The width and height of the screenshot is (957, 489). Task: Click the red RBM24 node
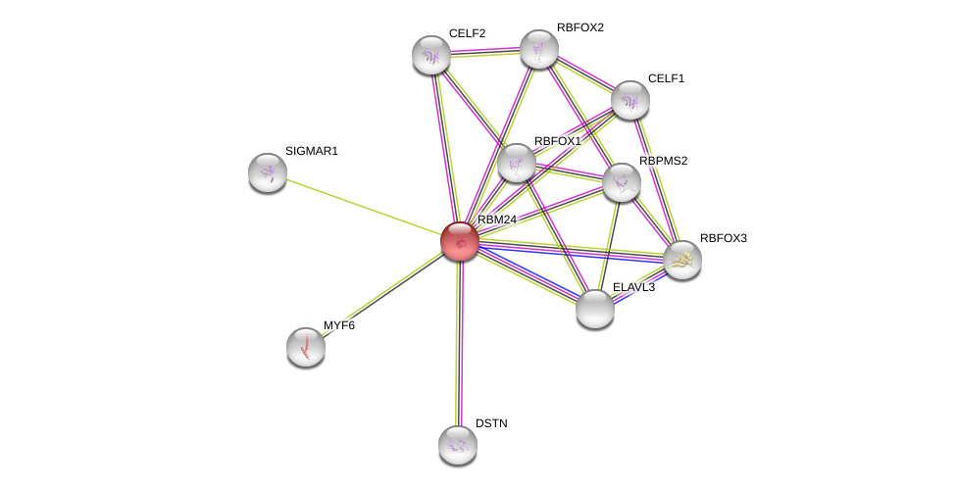pyautogui.click(x=459, y=241)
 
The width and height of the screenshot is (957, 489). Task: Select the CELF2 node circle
pyautogui.click(x=431, y=55)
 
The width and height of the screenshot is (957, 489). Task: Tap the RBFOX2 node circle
pyautogui.click(x=538, y=49)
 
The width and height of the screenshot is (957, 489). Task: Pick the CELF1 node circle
pyautogui.click(x=630, y=100)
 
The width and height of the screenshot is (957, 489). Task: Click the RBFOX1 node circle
pyautogui.click(x=517, y=163)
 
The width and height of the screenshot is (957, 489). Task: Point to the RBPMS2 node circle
pyautogui.click(x=621, y=182)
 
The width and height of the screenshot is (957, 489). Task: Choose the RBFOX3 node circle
pyautogui.click(x=681, y=260)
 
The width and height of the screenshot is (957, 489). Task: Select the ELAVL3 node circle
pyautogui.click(x=595, y=309)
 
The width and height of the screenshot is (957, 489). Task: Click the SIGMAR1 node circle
pyautogui.click(x=268, y=172)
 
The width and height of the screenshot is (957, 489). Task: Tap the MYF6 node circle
pyautogui.click(x=306, y=347)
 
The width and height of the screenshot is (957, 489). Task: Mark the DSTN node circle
pyautogui.click(x=458, y=445)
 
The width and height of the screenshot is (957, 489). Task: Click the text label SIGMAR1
pyautogui.click(x=312, y=151)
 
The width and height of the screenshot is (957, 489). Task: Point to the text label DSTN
pyautogui.click(x=491, y=423)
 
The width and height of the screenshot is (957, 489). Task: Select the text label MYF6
pyautogui.click(x=339, y=325)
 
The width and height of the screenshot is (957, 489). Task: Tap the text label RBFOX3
pyautogui.click(x=723, y=238)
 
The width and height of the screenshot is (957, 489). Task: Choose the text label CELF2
pyautogui.click(x=467, y=33)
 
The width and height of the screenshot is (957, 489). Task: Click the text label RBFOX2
pyautogui.click(x=579, y=27)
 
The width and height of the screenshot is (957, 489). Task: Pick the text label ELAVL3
pyautogui.click(x=633, y=287)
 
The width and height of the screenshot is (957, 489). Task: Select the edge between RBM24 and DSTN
pyautogui.click(x=459, y=343)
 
